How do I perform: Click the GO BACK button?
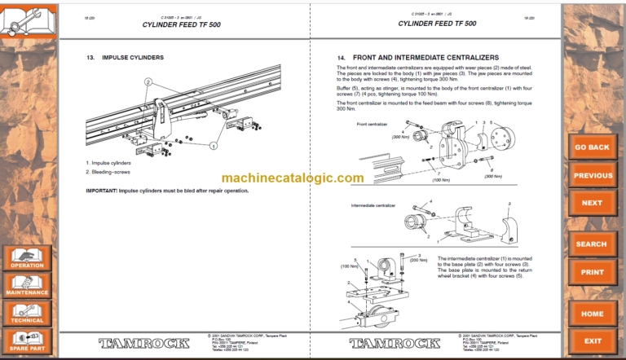pyautogui.click(x=592, y=147)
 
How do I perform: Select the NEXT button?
pyautogui.click(x=592, y=203)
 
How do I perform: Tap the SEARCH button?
pyautogui.click(x=592, y=244)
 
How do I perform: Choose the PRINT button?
pyautogui.click(x=592, y=271)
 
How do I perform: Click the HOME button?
pyautogui.click(x=592, y=313)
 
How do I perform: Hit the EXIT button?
pyautogui.click(x=592, y=340)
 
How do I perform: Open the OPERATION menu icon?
pyautogui.click(x=28, y=257)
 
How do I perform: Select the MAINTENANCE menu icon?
pyautogui.click(x=28, y=284)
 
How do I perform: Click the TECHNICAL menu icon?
pyautogui.click(x=28, y=312)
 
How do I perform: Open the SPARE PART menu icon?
pyautogui.click(x=28, y=340)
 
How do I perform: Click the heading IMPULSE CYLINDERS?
pyautogui.click(x=131, y=58)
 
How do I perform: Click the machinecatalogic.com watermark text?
pyautogui.click(x=292, y=178)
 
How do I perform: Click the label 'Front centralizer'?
pyautogui.click(x=373, y=124)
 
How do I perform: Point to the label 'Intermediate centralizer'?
pyautogui.click(x=373, y=206)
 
